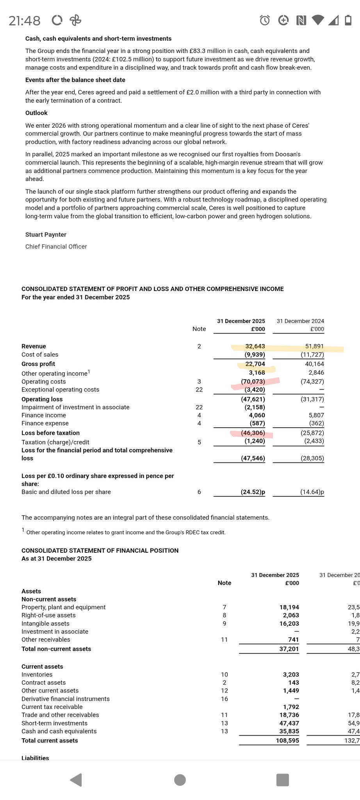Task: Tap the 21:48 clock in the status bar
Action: [25, 20]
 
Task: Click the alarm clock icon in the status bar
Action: [265, 20]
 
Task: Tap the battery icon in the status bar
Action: [348, 20]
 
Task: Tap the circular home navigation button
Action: [180, 780]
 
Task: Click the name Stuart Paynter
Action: [46, 234]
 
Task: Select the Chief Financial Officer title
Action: [56, 246]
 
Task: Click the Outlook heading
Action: [36, 113]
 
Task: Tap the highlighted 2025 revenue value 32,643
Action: [255, 346]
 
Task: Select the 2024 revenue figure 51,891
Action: [314, 346]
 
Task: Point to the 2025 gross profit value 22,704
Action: [255, 364]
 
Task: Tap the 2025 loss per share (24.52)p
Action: [253, 492]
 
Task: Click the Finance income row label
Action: [44, 415]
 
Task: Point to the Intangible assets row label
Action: [45, 623]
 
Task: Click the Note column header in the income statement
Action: [199, 329]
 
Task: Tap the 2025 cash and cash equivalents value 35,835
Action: [289, 731]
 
